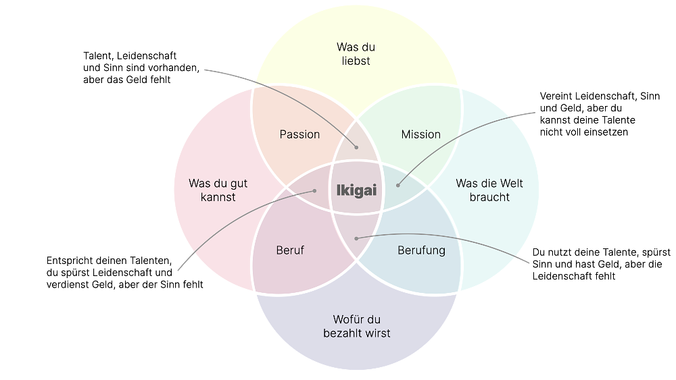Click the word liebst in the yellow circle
point(356,61)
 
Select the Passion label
point(299,134)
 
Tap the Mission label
point(420,134)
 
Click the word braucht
point(489,197)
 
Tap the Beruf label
point(290,250)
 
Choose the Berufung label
point(421,250)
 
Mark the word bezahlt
point(343,333)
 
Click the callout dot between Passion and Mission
point(357,147)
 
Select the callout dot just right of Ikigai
point(397,185)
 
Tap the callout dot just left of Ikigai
point(315,191)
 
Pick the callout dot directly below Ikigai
point(356,238)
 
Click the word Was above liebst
point(346,47)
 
